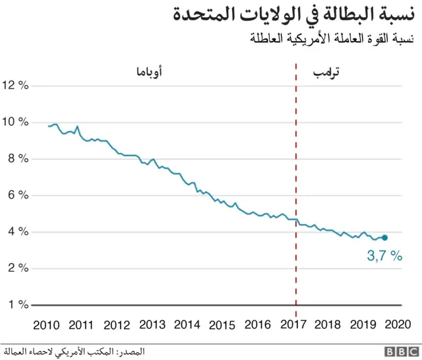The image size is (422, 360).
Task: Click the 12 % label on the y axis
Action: point(16,85)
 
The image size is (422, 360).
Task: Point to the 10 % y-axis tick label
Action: point(16,122)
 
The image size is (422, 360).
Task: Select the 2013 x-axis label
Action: point(152,325)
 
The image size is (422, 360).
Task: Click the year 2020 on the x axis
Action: point(400,325)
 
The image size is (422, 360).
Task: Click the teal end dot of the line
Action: point(384,238)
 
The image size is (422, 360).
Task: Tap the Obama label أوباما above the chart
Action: point(149,71)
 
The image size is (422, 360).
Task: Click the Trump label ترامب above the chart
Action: point(326,71)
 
